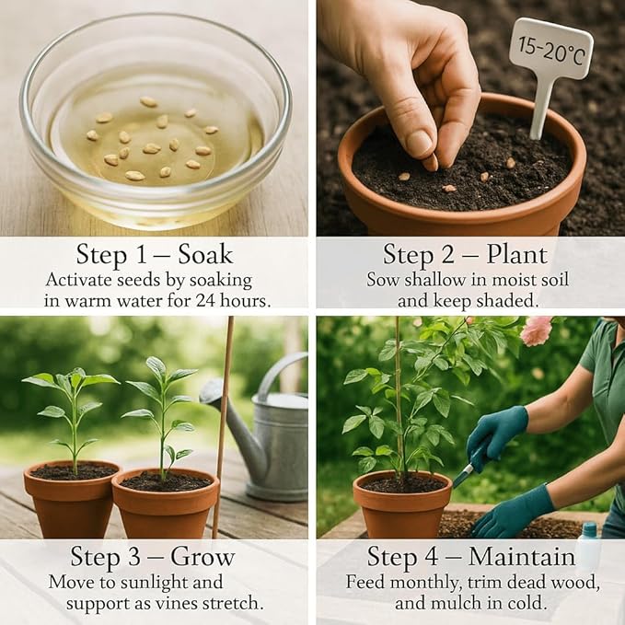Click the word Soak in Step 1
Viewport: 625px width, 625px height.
[x=205, y=254]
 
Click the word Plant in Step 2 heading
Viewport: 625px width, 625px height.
[x=517, y=255]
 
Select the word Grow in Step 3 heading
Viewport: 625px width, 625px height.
[x=203, y=557]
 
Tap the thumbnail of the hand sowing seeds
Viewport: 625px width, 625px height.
[x=470, y=118]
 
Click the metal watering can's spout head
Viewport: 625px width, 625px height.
[x=212, y=391]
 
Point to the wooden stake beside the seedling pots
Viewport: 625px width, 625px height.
[x=223, y=427]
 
